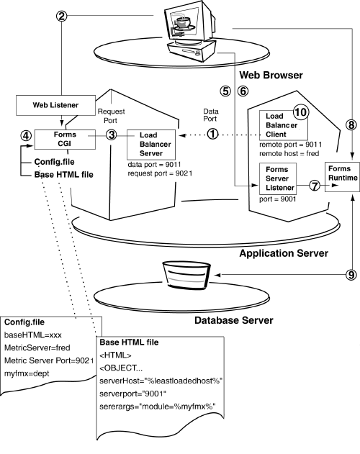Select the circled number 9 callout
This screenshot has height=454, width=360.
(351, 273)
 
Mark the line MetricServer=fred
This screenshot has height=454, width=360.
(37, 348)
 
